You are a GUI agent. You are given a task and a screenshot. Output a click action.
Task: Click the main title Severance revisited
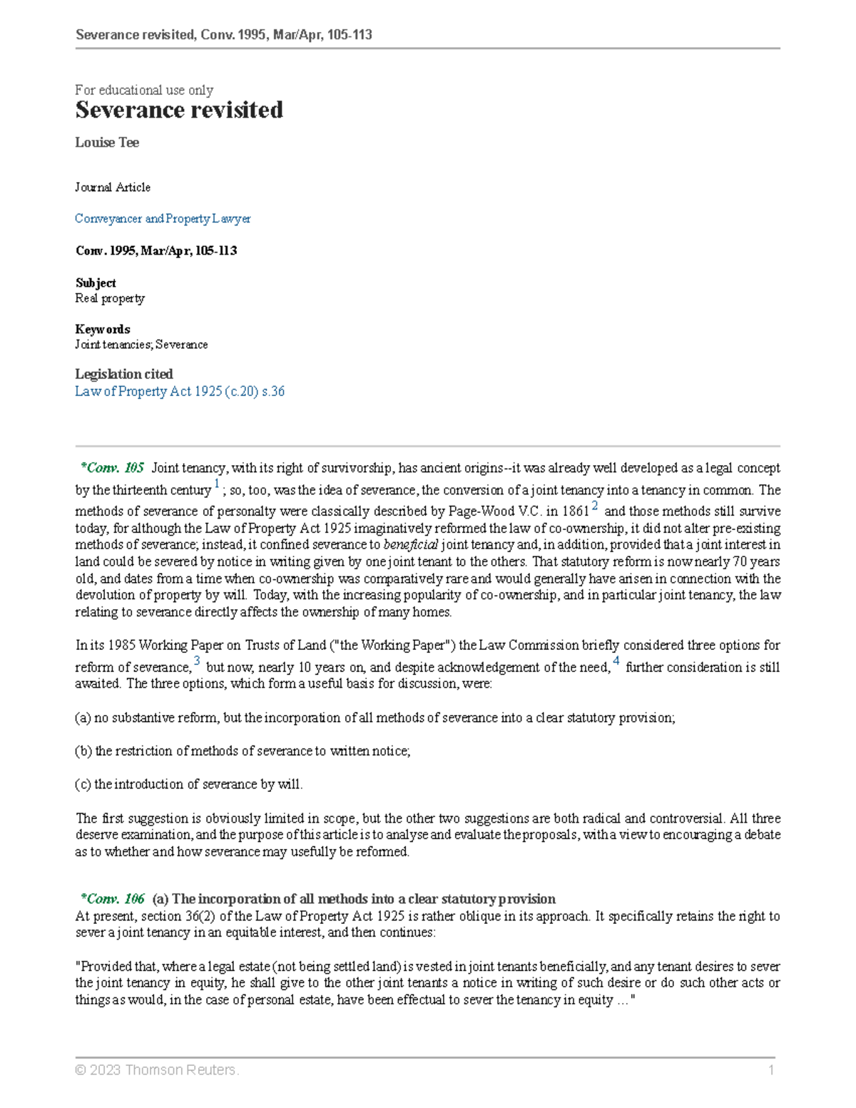[179, 110]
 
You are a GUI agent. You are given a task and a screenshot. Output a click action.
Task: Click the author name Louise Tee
[107, 143]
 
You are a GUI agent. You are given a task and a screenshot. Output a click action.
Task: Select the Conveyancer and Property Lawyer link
[163, 218]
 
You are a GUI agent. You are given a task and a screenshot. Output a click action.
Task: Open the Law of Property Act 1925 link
[180, 391]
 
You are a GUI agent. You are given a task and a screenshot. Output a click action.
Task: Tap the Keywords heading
[103, 329]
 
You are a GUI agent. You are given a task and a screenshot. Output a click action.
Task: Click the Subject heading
[96, 283]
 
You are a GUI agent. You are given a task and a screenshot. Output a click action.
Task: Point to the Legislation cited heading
[124, 374]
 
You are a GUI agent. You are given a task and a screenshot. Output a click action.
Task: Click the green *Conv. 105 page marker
[113, 468]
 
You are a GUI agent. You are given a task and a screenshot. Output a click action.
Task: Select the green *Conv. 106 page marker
[113, 899]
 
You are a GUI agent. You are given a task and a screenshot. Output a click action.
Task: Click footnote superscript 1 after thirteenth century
[217, 485]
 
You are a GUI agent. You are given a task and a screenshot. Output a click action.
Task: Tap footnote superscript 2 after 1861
[596, 506]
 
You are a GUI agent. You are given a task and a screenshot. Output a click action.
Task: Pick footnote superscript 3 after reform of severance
[197, 661]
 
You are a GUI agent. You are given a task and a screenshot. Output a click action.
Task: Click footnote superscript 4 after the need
[616, 661]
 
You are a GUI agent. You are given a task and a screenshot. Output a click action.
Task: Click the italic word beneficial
[411, 545]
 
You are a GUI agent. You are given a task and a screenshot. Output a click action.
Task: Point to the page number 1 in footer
[771, 1069]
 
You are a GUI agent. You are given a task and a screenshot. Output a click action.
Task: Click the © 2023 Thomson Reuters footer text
[157, 1069]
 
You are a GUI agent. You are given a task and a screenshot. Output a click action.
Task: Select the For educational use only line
[144, 90]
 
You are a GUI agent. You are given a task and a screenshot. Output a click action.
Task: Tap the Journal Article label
[113, 187]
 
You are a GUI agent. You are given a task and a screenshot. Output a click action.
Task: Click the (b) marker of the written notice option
[83, 751]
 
